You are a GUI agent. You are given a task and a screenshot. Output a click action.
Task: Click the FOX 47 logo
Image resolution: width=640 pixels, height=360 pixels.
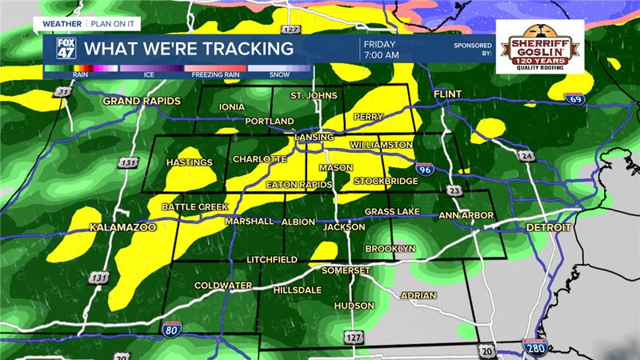click(64, 48)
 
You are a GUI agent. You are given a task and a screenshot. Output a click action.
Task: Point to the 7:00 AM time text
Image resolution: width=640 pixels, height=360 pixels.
click(381, 55)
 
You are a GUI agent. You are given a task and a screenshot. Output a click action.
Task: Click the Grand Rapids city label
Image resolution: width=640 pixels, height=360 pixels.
click(142, 102)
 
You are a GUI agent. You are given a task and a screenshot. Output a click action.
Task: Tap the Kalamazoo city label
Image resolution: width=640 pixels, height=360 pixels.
click(122, 228)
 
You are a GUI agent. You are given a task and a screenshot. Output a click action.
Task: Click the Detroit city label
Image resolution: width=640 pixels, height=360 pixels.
click(549, 228)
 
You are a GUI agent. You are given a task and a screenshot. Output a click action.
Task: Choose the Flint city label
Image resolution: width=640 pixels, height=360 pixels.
click(448, 94)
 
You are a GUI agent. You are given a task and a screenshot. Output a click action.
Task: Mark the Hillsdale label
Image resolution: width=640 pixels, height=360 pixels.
click(297, 290)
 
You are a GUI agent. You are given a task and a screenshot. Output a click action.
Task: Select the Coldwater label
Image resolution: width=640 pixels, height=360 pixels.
click(224, 286)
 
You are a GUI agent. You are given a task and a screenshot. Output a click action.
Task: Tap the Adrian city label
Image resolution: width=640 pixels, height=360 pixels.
click(418, 295)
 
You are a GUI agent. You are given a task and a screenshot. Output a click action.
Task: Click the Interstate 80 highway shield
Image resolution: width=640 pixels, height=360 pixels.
click(170, 326)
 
